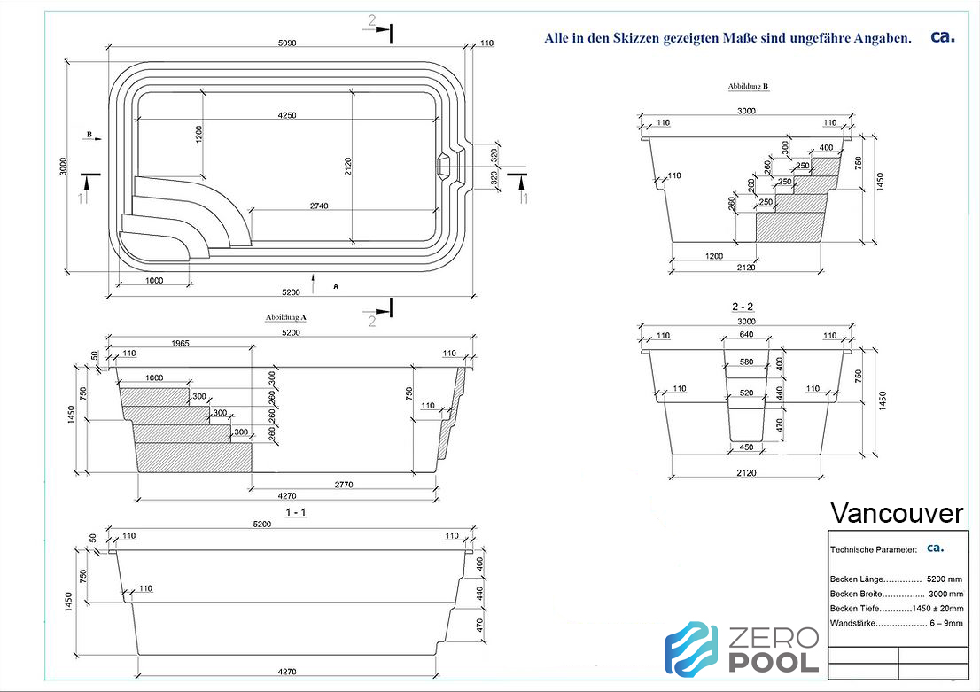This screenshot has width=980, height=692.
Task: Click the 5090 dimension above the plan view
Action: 287,43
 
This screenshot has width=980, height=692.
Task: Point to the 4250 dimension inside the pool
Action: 287,115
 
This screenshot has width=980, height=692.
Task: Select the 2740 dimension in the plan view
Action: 319,206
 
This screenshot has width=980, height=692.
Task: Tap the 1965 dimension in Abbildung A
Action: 180,343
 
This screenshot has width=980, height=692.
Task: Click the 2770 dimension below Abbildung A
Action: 344,485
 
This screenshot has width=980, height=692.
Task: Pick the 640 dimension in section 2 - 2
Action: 746,334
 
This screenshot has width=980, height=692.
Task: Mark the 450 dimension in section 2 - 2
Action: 746,447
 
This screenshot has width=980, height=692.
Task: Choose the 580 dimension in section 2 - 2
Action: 746,362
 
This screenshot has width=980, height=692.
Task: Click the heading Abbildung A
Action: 285,317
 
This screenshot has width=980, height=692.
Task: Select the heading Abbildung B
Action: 748,86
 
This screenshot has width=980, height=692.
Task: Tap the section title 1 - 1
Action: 296,513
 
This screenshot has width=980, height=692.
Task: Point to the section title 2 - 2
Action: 743,307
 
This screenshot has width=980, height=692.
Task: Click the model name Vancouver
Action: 896,513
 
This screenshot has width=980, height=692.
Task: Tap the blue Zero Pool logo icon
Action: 692,649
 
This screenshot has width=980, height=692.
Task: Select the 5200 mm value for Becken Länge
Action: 945,579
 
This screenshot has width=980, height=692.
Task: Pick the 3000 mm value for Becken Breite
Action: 945,594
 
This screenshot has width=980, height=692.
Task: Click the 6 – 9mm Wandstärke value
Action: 946,623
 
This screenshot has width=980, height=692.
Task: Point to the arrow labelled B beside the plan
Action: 94,138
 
